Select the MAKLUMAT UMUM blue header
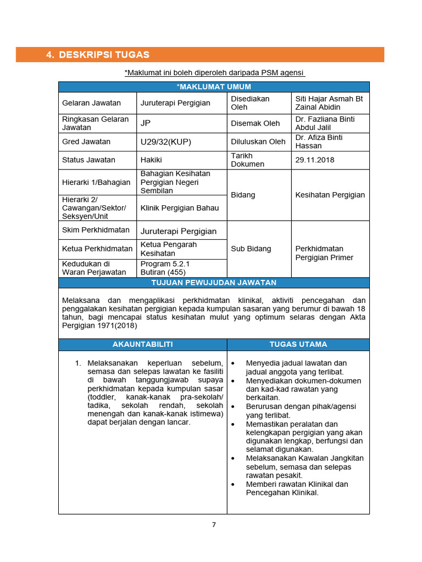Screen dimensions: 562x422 pos(214,87)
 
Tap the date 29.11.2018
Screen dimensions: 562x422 pos(314,160)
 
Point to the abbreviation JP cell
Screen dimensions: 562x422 pos(146,123)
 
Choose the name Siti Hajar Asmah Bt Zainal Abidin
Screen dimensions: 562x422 pos(329,103)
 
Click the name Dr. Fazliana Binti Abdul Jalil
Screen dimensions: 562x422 pos(325,123)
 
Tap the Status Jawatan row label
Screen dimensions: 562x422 pos(89,160)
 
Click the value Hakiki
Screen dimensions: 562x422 pos(152,160)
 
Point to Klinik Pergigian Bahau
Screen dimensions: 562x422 pos(179,208)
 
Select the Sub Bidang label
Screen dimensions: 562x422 pos(251,249)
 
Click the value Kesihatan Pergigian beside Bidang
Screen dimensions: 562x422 pos(330,195)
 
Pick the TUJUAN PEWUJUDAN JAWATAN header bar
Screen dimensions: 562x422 pos(214,283)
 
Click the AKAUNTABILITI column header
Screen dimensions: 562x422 pos(142,344)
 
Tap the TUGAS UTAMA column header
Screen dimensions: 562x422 pos(298,344)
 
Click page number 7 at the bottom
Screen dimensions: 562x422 pos(214,525)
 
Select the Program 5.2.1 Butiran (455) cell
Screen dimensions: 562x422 pos(163,268)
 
